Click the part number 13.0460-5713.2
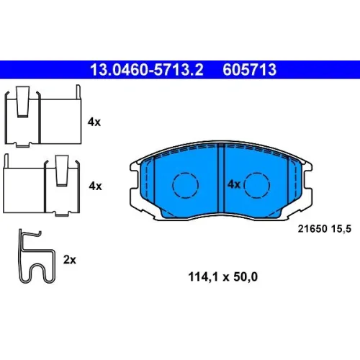point(147,70)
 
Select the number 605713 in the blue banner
point(250,70)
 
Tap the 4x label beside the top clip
point(94,122)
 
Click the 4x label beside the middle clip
point(95,186)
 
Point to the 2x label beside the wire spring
point(70,260)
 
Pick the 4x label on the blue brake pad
point(234,184)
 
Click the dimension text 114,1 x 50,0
point(223,276)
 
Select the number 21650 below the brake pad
point(312,229)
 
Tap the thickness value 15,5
point(341,229)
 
